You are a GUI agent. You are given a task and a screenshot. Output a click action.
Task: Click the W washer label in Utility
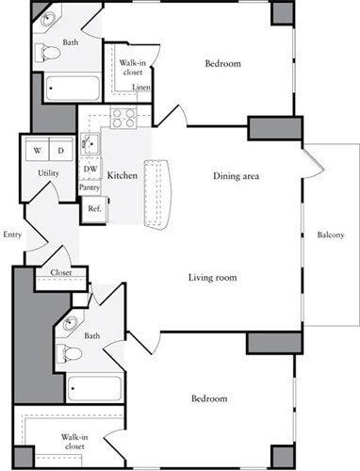(x=37, y=151)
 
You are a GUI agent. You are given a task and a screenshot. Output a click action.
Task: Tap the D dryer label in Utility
(x=59, y=151)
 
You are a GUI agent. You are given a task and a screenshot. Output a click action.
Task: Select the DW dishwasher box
(x=90, y=170)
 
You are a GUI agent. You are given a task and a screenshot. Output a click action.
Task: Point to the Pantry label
(x=90, y=187)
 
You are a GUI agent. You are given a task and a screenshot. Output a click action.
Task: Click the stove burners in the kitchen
(x=124, y=118)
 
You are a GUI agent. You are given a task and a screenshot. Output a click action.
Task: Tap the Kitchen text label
(x=123, y=176)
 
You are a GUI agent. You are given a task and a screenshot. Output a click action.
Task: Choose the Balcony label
(x=330, y=235)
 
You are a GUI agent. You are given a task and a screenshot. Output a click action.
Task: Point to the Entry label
(x=12, y=235)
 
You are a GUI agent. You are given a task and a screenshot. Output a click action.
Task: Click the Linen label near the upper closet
(x=141, y=88)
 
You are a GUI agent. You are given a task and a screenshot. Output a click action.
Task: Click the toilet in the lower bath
(x=64, y=353)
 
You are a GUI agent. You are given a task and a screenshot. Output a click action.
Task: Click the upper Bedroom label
(x=222, y=64)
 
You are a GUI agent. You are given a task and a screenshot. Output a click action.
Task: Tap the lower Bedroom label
(x=208, y=398)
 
